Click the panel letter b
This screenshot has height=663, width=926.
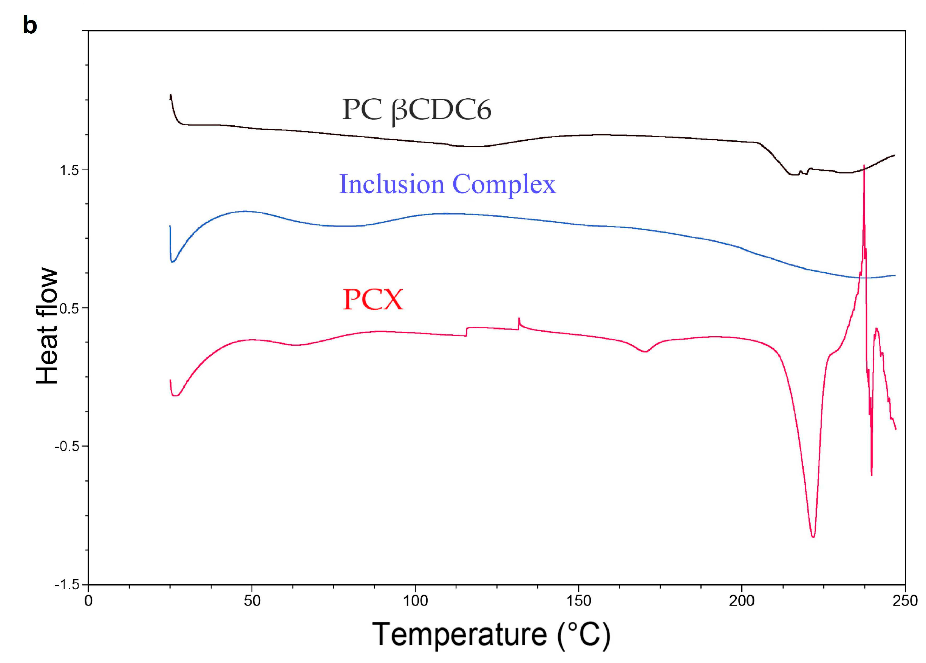[29, 25]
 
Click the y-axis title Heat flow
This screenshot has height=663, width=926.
[47, 326]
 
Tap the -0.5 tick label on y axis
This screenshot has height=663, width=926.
[66, 447]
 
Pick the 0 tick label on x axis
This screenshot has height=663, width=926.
[88, 601]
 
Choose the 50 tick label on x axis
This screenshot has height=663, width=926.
[252, 601]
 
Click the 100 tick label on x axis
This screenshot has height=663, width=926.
[415, 601]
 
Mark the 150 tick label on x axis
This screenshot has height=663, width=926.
[578, 601]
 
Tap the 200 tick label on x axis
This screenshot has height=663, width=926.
[742, 601]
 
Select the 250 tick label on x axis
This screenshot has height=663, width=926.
[905, 601]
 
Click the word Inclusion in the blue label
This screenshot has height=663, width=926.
[391, 184]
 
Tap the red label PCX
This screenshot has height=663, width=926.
[373, 300]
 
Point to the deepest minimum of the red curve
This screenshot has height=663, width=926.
[813, 536]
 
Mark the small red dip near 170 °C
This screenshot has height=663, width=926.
[645, 351]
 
